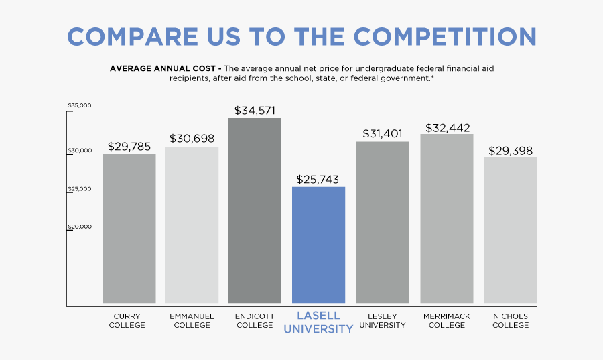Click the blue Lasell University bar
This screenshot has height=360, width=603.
(x=319, y=245)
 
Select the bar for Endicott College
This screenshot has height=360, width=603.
(x=255, y=211)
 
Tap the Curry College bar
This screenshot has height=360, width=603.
(x=129, y=228)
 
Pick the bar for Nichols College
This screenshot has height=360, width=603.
(x=511, y=230)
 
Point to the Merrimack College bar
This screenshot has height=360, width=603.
(x=447, y=219)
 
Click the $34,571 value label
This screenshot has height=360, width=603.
(x=255, y=110)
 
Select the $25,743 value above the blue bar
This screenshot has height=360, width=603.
(x=318, y=179)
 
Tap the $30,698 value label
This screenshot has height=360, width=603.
(x=192, y=139)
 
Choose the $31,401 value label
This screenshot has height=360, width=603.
(x=383, y=133)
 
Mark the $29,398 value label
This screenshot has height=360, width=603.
(x=511, y=150)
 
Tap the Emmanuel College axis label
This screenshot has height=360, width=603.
(x=192, y=320)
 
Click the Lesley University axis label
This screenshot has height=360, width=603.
(x=383, y=320)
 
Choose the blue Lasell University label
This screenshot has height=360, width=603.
(x=319, y=322)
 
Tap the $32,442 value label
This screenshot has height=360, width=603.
(x=447, y=127)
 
